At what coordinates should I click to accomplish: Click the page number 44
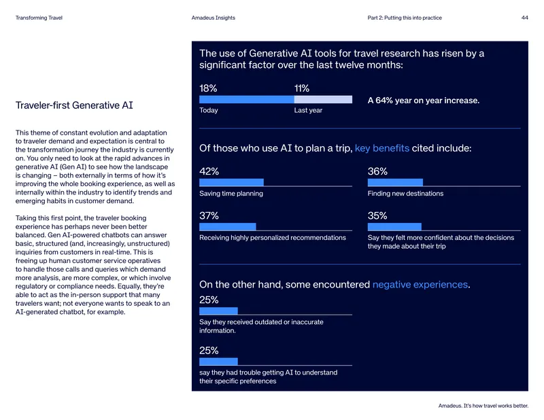click(524, 18)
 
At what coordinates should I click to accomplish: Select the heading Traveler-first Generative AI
click(74, 105)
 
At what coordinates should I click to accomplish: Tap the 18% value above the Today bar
click(208, 88)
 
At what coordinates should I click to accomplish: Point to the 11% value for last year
click(302, 88)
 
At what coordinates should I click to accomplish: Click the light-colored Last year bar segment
click(323, 99)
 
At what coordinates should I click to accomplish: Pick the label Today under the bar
click(209, 110)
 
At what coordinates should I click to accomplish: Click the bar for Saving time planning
click(231, 182)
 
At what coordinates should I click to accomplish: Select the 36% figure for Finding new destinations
click(377, 171)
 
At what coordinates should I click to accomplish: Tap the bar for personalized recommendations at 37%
click(228, 227)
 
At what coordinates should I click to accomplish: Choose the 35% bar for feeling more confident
click(394, 227)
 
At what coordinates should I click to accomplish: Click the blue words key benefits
click(382, 148)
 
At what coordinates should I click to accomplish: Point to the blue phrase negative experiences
click(420, 285)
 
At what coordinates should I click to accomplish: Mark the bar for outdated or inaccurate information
click(218, 311)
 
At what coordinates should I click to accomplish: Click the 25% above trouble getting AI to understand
click(209, 351)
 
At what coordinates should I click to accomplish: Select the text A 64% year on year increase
click(424, 101)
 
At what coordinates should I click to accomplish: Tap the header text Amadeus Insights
click(214, 18)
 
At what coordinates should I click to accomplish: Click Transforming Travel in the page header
click(39, 18)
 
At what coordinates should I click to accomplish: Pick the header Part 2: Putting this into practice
click(405, 18)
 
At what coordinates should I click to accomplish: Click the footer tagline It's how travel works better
click(496, 406)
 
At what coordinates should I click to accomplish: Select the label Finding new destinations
click(405, 194)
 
